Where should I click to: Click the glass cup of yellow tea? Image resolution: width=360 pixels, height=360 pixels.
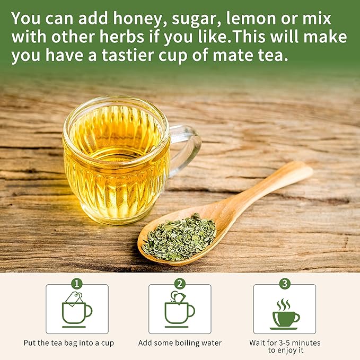point(117,159)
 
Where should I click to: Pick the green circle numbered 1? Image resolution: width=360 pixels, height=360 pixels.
point(77,284)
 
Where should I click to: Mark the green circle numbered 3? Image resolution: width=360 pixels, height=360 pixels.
point(285,284)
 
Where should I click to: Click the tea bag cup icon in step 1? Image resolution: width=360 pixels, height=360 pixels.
point(77,309)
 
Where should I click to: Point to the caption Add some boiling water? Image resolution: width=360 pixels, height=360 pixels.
point(180,343)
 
